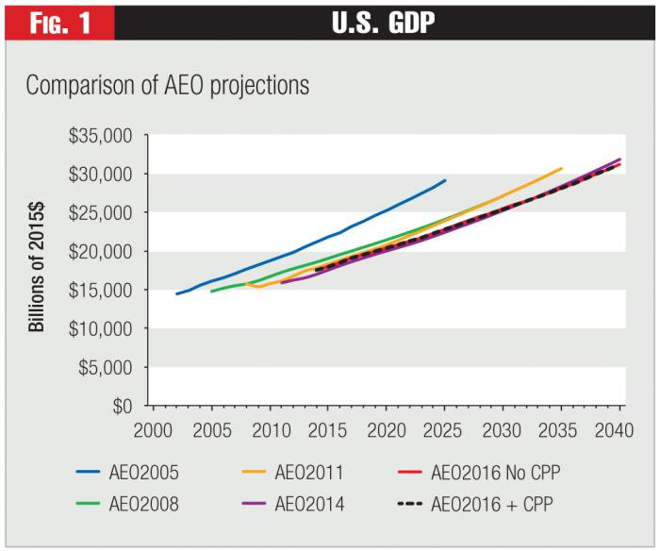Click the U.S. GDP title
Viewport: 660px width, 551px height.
(x=385, y=21)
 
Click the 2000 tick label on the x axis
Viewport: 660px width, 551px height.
(x=151, y=431)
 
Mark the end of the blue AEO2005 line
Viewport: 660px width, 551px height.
(x=445, y=180)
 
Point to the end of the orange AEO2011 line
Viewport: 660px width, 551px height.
(x=562, y=169)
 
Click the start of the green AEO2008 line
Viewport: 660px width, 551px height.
(x=210, y=292)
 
